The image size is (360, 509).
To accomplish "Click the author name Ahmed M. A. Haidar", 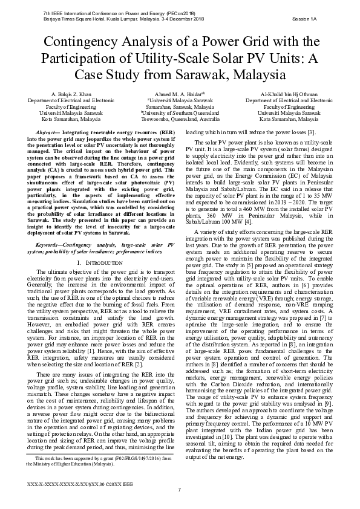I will [x=179, y=94].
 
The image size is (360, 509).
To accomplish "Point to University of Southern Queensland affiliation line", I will [x=180, y=113].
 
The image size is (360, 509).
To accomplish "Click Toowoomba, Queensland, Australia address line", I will [x=180, y=120].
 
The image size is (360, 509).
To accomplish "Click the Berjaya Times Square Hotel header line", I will [x=112, y=19].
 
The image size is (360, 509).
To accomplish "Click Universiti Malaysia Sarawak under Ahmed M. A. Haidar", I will [x=180, y=100].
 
